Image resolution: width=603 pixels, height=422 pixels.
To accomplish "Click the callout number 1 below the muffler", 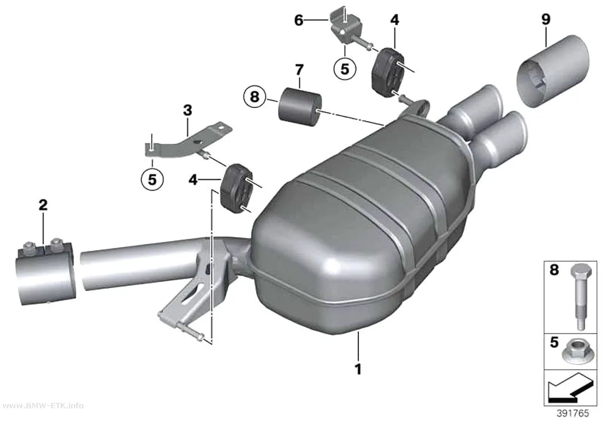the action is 358,369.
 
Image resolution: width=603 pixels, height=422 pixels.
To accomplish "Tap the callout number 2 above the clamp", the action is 43,205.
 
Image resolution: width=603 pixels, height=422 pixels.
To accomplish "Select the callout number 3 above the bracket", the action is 187,111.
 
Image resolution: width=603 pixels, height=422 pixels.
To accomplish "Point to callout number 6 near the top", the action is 299,20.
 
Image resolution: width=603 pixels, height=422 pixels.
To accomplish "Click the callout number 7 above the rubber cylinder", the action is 299,70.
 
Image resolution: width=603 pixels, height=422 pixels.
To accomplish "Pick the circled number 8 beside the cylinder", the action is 254,96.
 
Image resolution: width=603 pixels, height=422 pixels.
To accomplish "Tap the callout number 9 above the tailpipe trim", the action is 546,19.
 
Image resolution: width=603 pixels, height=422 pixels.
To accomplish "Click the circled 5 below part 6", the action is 345,69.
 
